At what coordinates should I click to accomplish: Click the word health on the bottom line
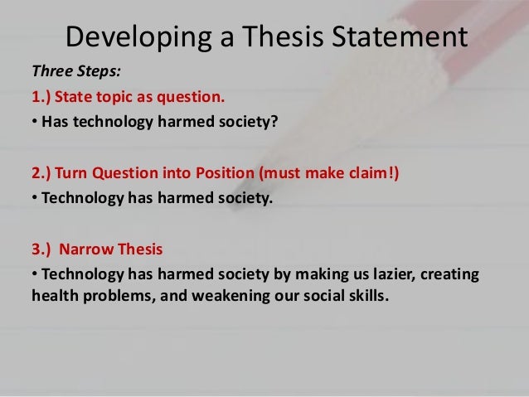click(54, 297)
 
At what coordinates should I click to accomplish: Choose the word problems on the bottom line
click(117, 297)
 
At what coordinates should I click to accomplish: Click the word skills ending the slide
click(367, 297)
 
